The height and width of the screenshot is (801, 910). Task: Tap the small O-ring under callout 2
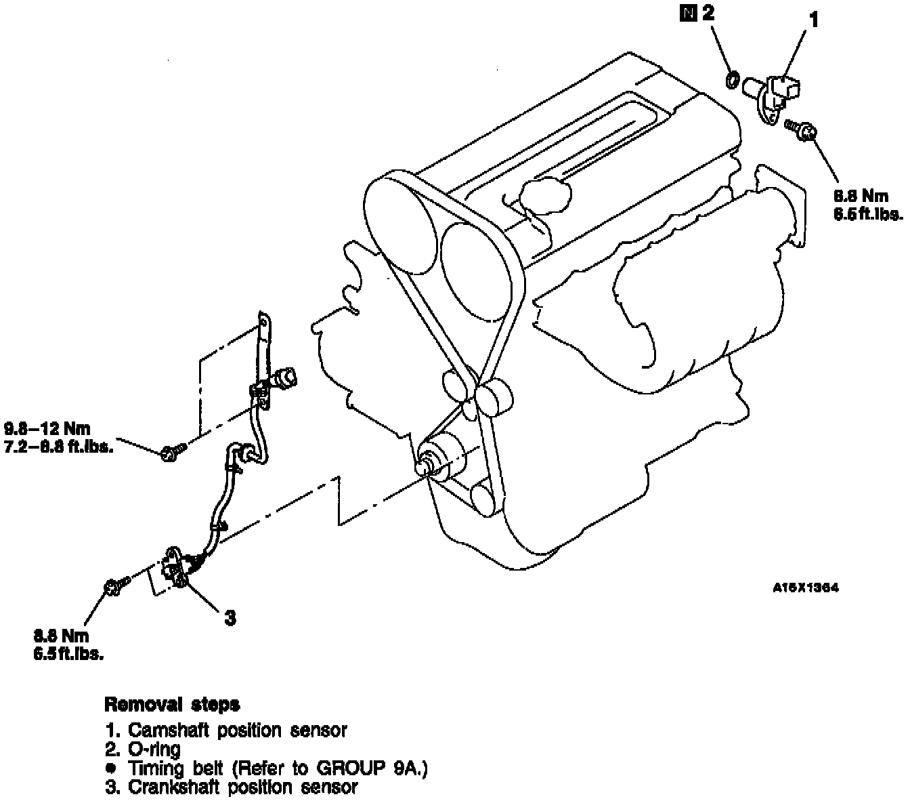pyautogui.click(x=732, y=80)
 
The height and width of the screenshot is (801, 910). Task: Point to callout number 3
pyautogui.click(x=230, y=618)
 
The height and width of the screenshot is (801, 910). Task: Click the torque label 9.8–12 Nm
pyautogui.click(x=48, y=429)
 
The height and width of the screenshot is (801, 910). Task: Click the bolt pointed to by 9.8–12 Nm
pyautogui.click(x=169, y=451)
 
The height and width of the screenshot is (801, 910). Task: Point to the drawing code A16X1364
pyautogui.click(x=805, y=588)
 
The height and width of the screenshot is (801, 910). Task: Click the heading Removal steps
pyautogui.click(x=172, y=705)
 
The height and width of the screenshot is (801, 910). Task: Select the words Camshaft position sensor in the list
pyautogui.click(x=237, y=731)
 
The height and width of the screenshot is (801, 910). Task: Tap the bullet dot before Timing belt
pyautogui.click(x=111, y=769)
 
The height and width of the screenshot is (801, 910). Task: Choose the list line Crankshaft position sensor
pyautogui.click(x=242, y=787)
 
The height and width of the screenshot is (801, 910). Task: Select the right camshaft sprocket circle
pyautogui.click(x=475, y=271)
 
